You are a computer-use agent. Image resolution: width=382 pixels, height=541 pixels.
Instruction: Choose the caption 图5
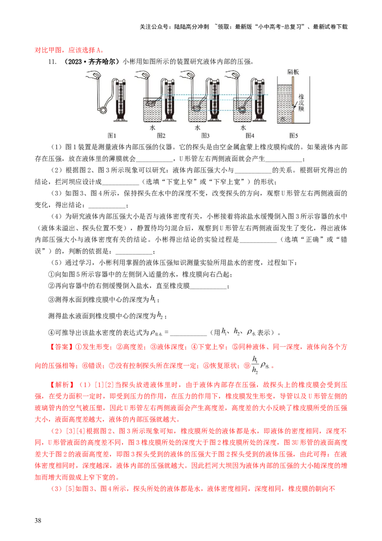tap(294, 136)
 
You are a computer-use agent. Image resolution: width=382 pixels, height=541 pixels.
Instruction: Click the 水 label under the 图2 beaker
tap(152, 128)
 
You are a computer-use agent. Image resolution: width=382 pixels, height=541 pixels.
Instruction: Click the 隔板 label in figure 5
tap(293, 72)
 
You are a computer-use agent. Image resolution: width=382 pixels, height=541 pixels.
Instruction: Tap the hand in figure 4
tap(234, 75)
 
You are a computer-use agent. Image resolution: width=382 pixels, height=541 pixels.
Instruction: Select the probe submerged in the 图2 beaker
tap(151, 103)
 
